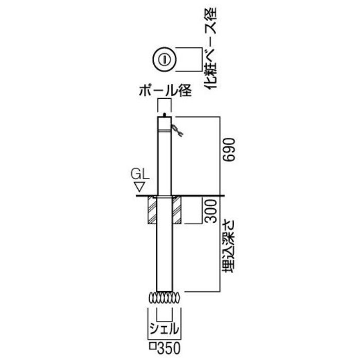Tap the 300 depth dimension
tap(211, 211)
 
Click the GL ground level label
tap(140, 174)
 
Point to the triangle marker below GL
tap(139, 187)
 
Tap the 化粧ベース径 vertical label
tap(210, 48)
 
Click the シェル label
tap(164, 329)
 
